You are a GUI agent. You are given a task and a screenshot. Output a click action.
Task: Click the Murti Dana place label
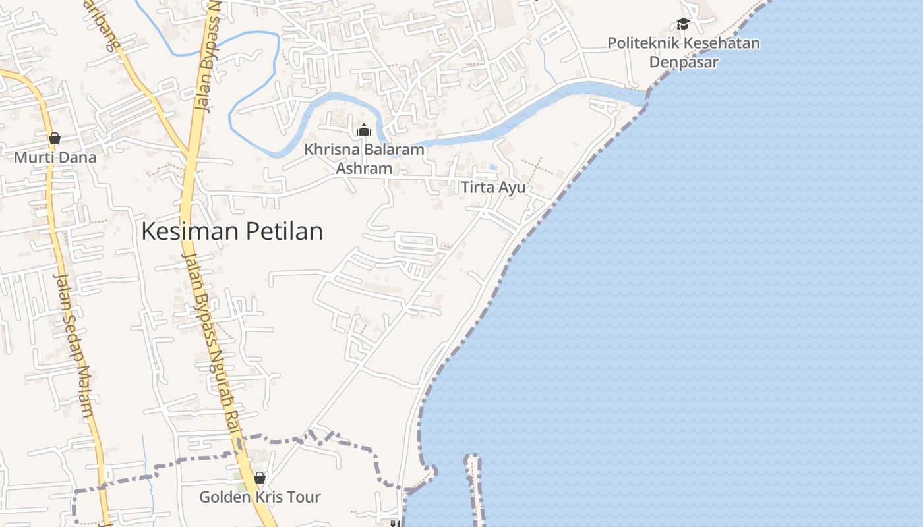[x=55, y=157]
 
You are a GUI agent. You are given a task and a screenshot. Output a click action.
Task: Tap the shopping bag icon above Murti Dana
[x=55, y=138]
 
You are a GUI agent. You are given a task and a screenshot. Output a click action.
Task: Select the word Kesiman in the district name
[x=191, y=231]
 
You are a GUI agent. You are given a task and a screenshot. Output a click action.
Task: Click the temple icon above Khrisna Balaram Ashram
[x=363, y=130]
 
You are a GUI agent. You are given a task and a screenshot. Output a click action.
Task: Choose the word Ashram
[x=364, y=169]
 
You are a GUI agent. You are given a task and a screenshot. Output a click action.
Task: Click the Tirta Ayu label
[x=493, y=188]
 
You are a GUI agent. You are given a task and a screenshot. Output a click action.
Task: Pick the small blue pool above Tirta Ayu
[x=493, y=167]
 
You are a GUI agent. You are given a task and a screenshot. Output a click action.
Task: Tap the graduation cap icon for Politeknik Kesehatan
[x=683, y=24]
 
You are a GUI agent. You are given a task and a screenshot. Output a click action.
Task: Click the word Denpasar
[x=683, y=62]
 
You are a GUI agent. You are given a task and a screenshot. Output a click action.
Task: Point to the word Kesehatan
[x=723, y=43]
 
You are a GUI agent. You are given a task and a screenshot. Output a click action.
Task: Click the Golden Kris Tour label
[x=260, y=497]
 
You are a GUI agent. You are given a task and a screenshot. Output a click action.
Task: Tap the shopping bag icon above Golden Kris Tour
[x=260, y=478]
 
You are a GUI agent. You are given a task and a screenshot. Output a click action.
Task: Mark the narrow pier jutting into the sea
[x=473, y=487]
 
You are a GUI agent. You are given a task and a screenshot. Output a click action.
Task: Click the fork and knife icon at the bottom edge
[x=394, y=523]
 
